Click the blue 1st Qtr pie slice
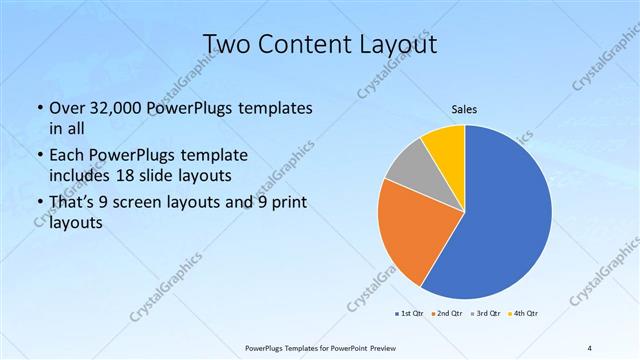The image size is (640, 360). [505, 215]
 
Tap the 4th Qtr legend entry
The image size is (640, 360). [526, 314]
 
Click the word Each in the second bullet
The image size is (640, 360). [68, 156]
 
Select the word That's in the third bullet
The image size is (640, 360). [74, 204]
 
